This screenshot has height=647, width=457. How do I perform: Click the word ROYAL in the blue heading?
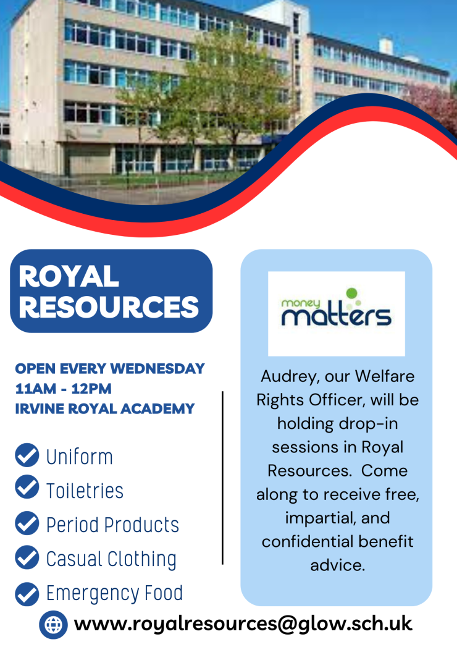coord(69,276)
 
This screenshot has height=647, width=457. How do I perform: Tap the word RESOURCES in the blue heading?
coord(109,307)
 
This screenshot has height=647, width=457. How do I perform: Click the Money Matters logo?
coord(336,313)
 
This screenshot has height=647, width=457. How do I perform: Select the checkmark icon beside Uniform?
coord(27,455)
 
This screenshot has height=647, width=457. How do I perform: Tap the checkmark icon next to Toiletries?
coord(27,487)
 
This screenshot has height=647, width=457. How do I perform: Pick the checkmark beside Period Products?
coord(27,523)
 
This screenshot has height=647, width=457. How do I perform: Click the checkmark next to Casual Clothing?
coord(27,557)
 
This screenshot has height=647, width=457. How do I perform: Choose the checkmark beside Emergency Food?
coord(27,594)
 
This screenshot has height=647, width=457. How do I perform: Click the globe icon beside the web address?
coord(53,625)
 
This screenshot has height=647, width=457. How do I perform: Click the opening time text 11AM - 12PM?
coord(64,389)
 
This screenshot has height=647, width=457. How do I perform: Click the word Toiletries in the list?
coord(85,490)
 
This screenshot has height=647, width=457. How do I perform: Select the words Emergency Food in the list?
coord(115,594)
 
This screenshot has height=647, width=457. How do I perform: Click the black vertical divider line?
coord(223,478)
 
